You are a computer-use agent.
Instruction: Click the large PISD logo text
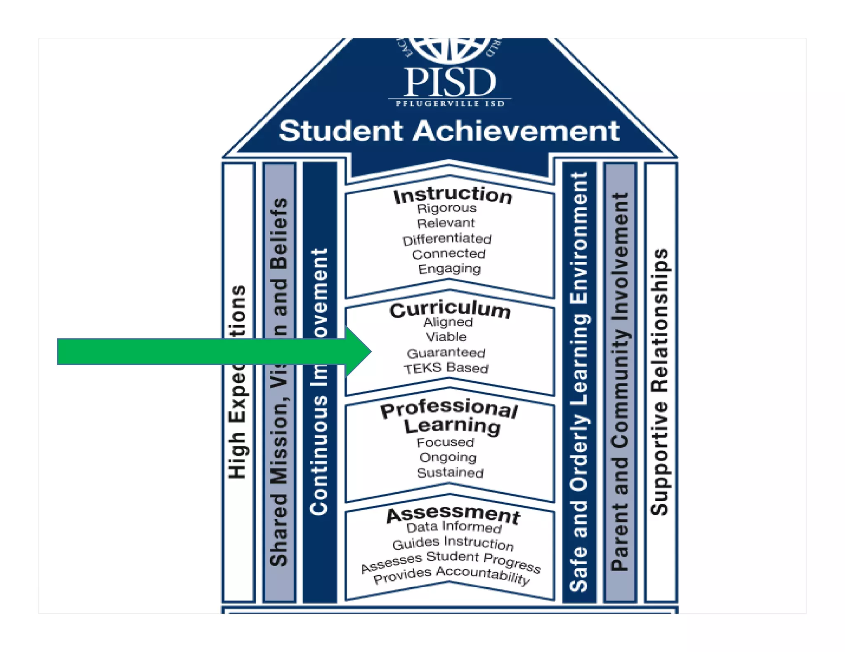point(449,82)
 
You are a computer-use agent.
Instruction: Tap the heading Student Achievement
point(449,131)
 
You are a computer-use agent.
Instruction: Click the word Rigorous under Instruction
point(446,209)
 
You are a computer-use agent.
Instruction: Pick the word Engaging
point(449,269)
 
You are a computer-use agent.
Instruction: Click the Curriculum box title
point(450,310)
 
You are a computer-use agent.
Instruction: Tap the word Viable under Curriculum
point(446,337)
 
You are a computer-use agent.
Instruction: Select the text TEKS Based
point(446,368)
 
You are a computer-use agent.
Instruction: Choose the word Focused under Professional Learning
point(445,442)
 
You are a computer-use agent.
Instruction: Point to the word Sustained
point(450,473)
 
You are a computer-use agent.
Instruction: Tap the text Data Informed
point(454,527)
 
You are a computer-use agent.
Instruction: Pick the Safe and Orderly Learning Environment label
point(579,382)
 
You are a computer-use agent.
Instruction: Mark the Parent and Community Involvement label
point(620,382)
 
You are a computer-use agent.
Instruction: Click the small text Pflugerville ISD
point(450,104)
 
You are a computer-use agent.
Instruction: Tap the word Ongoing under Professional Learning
point(448,457)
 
